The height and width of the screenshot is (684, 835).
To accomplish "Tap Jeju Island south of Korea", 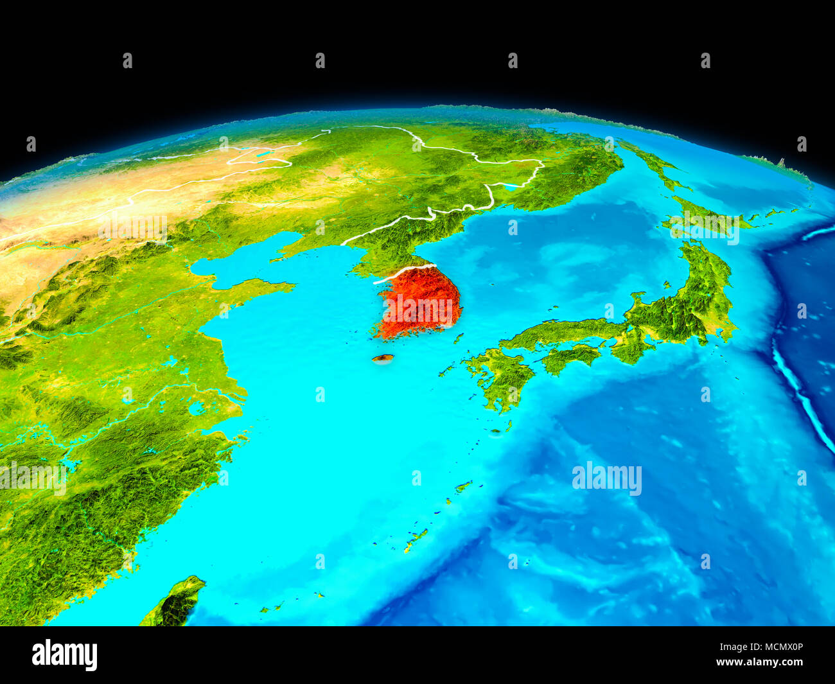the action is click(383, 359).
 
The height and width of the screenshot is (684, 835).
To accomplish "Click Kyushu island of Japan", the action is click(501, 378).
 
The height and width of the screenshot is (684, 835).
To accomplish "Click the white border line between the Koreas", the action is click(405, 273).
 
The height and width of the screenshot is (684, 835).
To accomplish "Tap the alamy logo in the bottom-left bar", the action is click(64, 655).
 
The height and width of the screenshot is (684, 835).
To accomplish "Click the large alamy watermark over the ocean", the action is click(606, 478).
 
